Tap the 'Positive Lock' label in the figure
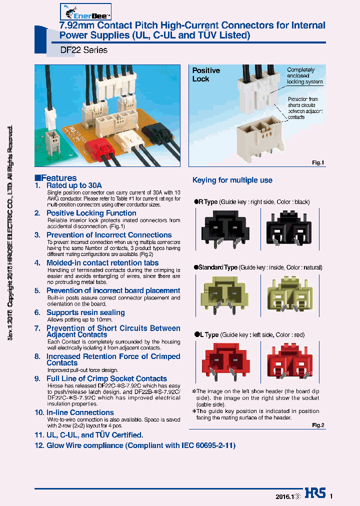pos(206,75)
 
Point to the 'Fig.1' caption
pos(318,162)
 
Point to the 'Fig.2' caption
pos(318,425)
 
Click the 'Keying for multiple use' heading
pos(232,180)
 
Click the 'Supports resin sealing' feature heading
pos(85,312)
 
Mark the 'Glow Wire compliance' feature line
pos(140,445)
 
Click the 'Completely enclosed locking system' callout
pos(304,76)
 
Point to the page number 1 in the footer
pos(331,496)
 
